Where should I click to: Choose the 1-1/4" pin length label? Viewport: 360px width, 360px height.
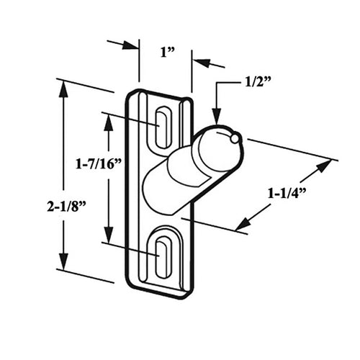point(287,193)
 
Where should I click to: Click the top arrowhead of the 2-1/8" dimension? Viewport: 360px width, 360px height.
point(64,87)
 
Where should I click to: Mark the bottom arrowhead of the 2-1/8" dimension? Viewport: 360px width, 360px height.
point(64,265)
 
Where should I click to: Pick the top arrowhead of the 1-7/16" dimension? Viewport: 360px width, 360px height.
point(109,120)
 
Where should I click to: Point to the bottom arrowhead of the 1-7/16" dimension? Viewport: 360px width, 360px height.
point(109,238)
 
